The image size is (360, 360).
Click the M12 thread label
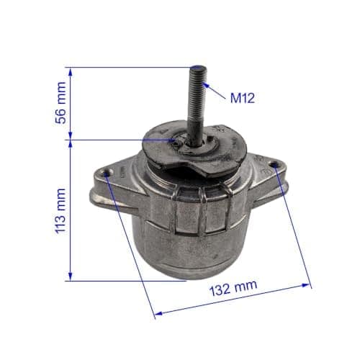click(x=243, y=99)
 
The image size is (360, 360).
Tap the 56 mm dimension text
click(x=60, y=103)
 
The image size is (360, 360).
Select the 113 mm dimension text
click(x=60, y=211)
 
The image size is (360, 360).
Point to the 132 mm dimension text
click(x=233, y=288)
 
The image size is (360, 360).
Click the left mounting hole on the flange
click(x=107, y=173)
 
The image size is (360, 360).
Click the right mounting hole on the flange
click(x=274, y=165)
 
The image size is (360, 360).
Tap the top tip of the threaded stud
click(x=197, y=68)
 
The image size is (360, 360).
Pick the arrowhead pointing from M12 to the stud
click(x=205, y=86)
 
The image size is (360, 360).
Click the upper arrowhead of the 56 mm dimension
click(x=71, y=71)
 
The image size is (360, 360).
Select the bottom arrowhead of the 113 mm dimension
click(x=71, y=276)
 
